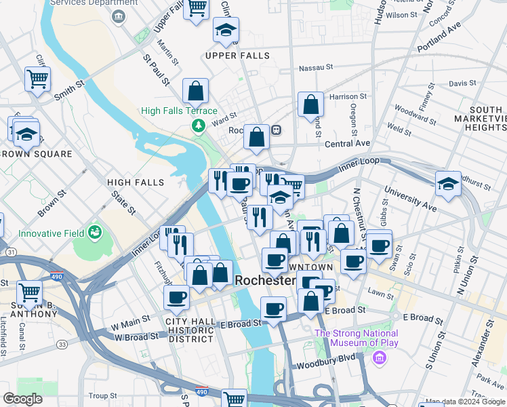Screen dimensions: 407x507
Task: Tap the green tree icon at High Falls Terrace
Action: (198, 125)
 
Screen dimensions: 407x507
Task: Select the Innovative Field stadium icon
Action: (95, 233)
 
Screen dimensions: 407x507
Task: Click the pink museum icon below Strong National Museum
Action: (379, 357)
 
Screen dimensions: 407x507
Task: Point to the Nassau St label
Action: (317, 68)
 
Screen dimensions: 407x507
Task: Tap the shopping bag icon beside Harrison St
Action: (310, 105)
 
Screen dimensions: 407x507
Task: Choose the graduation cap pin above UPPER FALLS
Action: (226, 30)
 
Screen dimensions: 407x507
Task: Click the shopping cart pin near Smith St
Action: (38, 79)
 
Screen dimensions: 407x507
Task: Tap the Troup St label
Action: (103, 395)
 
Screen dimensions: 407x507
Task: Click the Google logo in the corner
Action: (22, 399)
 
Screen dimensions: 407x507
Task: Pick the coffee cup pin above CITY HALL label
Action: (176, 297)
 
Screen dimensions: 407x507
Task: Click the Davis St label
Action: (462, 83)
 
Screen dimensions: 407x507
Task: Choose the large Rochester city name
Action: (265, 281)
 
